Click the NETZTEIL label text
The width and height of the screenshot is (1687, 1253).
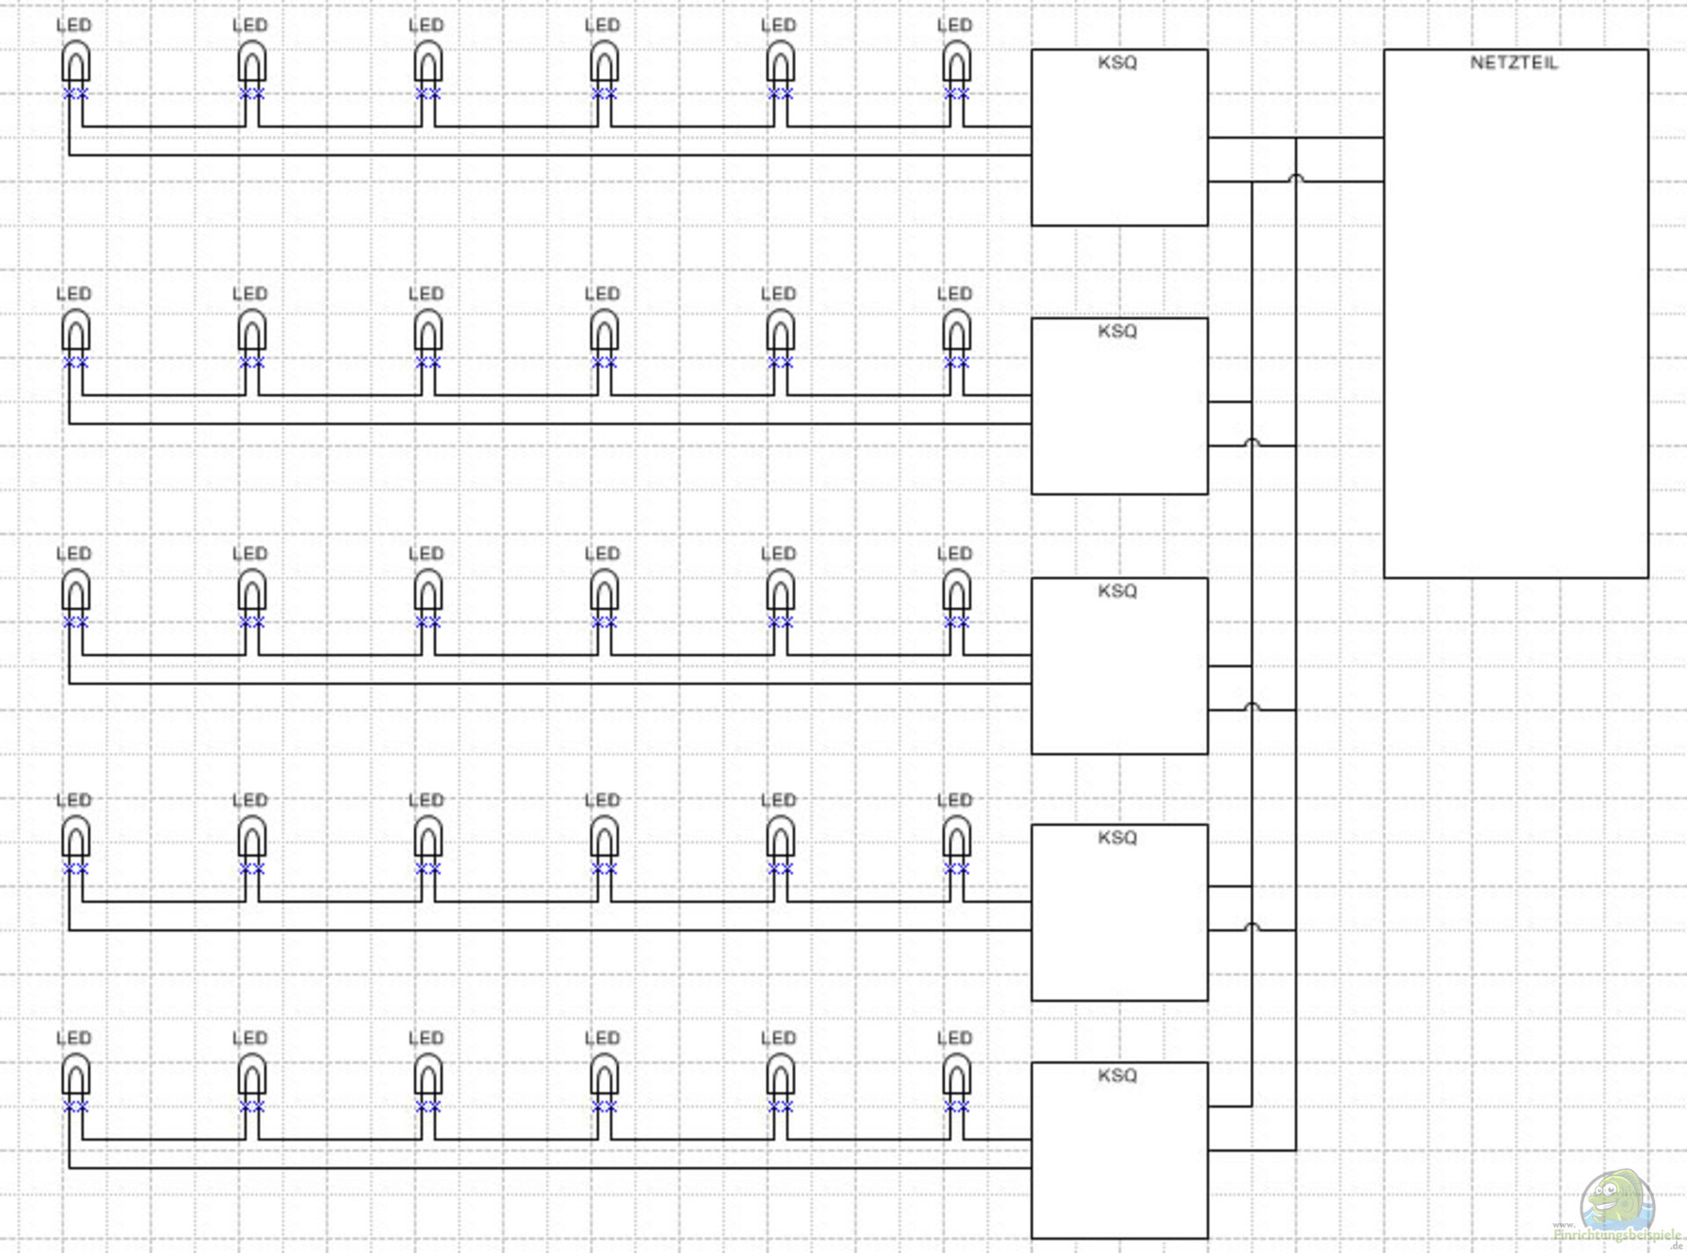pos(1514,62)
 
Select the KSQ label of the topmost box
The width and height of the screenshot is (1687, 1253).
pos(1118,62)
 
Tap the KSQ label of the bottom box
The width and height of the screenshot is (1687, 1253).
pos(1118,1076)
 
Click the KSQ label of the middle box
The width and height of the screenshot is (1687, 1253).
pos(1118,590)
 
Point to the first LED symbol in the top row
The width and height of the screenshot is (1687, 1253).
pos(76,64)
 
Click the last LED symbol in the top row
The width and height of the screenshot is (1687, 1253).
pos(956,64)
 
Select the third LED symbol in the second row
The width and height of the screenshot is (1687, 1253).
pos(428,333)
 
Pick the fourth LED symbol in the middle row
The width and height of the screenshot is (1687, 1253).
pos(604,591)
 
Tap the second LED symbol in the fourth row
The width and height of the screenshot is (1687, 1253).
pos(252,838)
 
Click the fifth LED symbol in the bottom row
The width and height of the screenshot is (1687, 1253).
pos(780,1076)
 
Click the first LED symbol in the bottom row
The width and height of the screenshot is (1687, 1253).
pos(76,1076)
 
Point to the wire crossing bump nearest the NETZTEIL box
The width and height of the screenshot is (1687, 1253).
pos(1295,178)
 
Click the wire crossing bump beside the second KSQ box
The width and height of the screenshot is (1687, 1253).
pos(1252,442)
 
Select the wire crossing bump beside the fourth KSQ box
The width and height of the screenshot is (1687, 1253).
pos(1252,926)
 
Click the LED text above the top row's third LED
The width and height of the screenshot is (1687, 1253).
pos(426,25)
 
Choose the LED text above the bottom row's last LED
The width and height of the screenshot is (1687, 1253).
pos(954,1038)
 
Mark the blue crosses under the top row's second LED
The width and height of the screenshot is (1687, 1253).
pos(252,93)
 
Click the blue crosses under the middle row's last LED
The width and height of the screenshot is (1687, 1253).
pos(956,622)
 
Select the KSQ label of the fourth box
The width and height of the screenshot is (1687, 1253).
pos(1118,837)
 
